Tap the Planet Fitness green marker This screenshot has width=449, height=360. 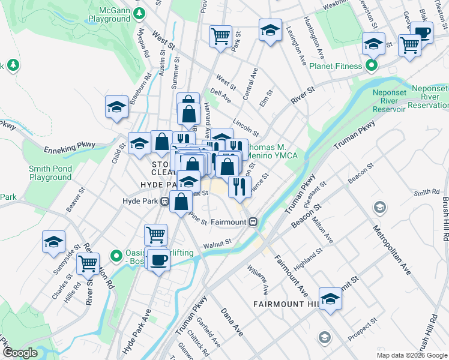372,65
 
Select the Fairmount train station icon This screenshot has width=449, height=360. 253,221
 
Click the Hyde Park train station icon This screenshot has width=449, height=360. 164,201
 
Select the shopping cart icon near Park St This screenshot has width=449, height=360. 221,37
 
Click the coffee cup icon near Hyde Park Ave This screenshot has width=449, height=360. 158,260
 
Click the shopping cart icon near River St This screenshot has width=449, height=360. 88,263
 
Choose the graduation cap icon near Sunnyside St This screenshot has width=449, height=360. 53,242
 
